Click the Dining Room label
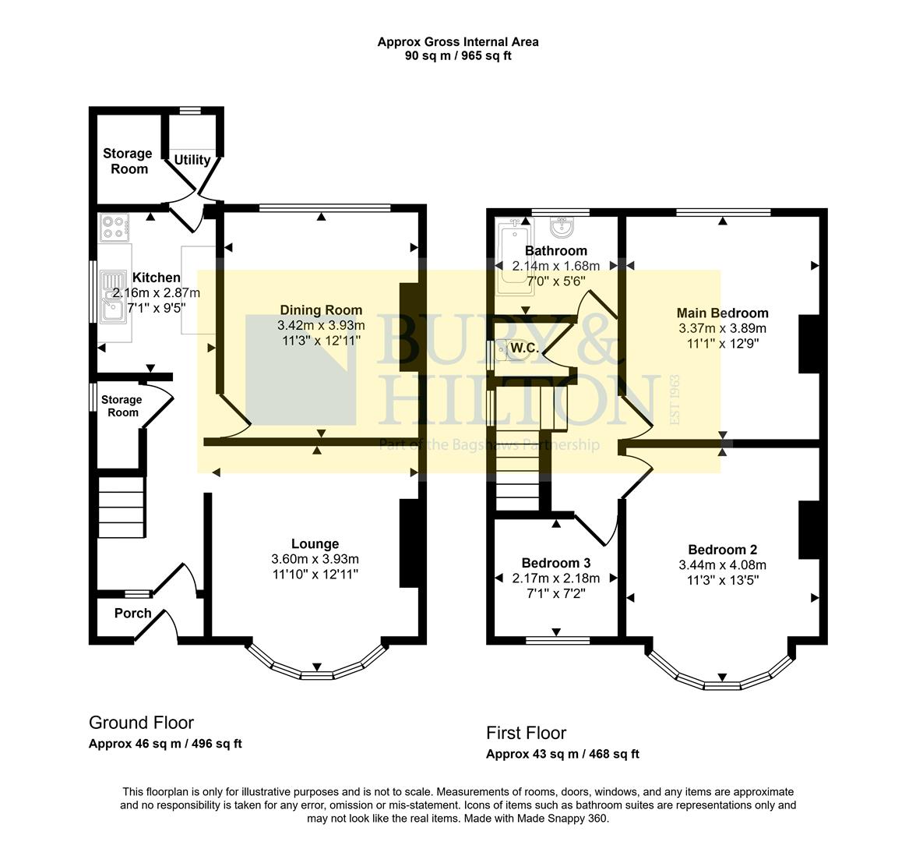(x=321, y=310)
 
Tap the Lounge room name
(x=315, y=544)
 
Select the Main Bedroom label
(x=722, y=313)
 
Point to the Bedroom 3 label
(x=555, y=563)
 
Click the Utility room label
(x=192, y=160)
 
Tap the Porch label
(x=132, y=613)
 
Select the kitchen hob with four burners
(x=114, y=226)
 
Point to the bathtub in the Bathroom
(x=514, y=257)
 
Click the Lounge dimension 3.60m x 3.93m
(x=315, y=559)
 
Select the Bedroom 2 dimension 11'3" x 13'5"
(x=722, y=580)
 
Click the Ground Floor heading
(x=141, y=723)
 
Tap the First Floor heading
(x=526, y=733)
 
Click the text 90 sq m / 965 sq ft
(x=458, y=55)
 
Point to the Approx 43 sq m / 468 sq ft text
(x=562, y=754)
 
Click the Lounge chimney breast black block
(x=409, y=543)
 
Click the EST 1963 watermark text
(x=675, y=400)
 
